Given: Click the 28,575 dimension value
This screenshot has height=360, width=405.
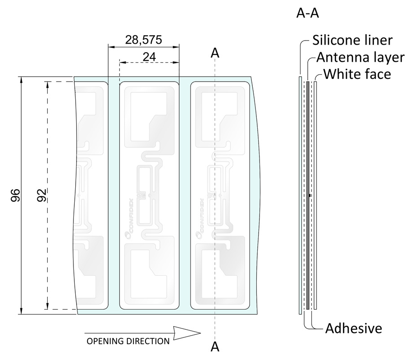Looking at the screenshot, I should pos(144,40).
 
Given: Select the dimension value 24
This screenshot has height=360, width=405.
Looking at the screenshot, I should pos(149,56).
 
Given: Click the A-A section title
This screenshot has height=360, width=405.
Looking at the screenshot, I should pos(308,14).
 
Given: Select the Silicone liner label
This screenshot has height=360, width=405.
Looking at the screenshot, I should pos(352,41).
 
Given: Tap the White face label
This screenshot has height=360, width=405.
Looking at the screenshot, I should pos(357,74).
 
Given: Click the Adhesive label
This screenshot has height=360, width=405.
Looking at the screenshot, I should pos(354,328).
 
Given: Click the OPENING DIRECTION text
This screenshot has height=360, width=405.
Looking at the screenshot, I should pos(128,341).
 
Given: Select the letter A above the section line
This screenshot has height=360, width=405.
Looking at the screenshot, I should pos(215,53).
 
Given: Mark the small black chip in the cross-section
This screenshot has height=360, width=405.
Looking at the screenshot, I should pos(310,196).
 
